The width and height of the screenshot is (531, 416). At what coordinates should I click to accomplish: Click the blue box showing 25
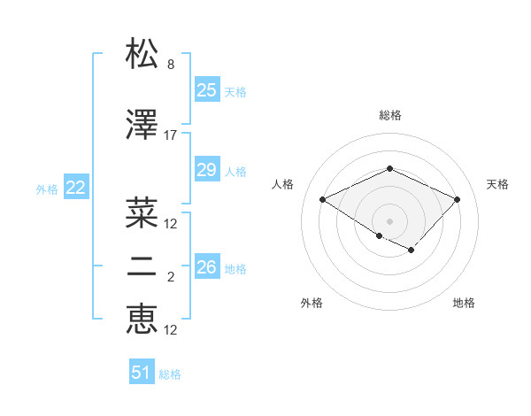pos(207,90)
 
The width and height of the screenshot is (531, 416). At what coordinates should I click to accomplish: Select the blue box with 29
pos(207,170)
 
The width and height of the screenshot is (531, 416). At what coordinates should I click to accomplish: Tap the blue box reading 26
pos(207,266)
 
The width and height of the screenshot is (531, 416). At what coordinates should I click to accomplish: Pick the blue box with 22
pos(76,188)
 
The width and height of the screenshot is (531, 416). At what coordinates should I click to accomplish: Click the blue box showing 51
pos(142,374)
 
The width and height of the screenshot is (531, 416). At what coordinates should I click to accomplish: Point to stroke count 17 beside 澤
pos(171,135)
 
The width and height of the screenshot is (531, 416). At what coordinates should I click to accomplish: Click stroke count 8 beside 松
pos(171,65)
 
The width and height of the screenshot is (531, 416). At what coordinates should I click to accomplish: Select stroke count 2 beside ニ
pos(171,278)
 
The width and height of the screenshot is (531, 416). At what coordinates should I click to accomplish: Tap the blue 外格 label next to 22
pos(47,189)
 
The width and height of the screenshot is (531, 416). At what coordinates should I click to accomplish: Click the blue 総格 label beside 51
pos(170,374)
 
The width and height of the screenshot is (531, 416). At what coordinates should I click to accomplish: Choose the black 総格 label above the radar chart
pos(389,115)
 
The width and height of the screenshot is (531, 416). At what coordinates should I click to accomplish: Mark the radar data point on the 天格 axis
pos(457,199)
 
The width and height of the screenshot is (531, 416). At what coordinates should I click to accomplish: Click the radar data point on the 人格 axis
pos(322,199)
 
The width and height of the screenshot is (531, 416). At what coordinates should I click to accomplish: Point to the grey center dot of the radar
pos(389,220)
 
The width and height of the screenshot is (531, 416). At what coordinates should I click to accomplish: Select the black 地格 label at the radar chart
pos(464,303)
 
